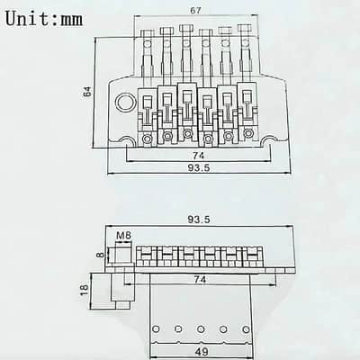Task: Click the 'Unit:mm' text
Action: coord(44,19)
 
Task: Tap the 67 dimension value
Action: coord(195,11)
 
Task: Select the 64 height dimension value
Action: coord(87,92)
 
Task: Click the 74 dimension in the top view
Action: coord(198,156)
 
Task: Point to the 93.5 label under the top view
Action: coord(199,168)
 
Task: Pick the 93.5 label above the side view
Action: coord(199,220)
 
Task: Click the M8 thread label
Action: coord(124,236)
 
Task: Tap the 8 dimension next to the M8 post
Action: coord(101,255)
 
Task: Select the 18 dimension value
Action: coord(85,290)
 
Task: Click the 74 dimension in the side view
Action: coord(200,279)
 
